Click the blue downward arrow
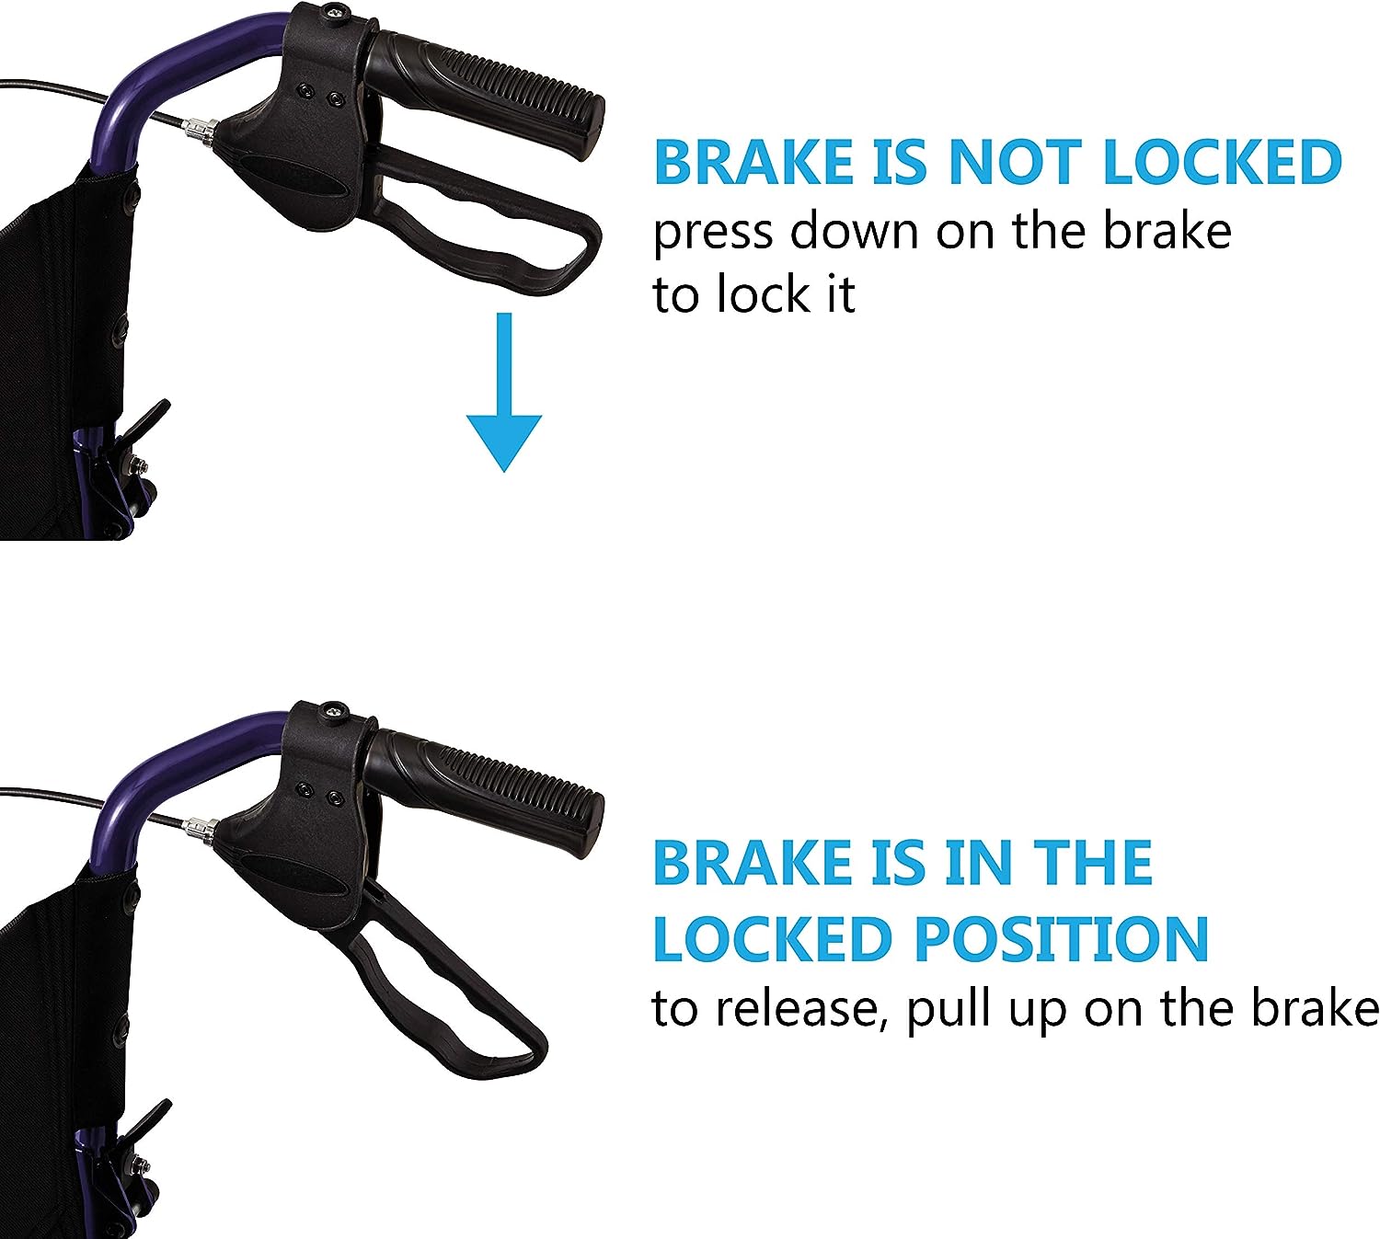coord(503,392)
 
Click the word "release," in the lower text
coord(802,1010)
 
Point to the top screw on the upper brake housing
coord(334,11)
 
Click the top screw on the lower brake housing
coord(334,710)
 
